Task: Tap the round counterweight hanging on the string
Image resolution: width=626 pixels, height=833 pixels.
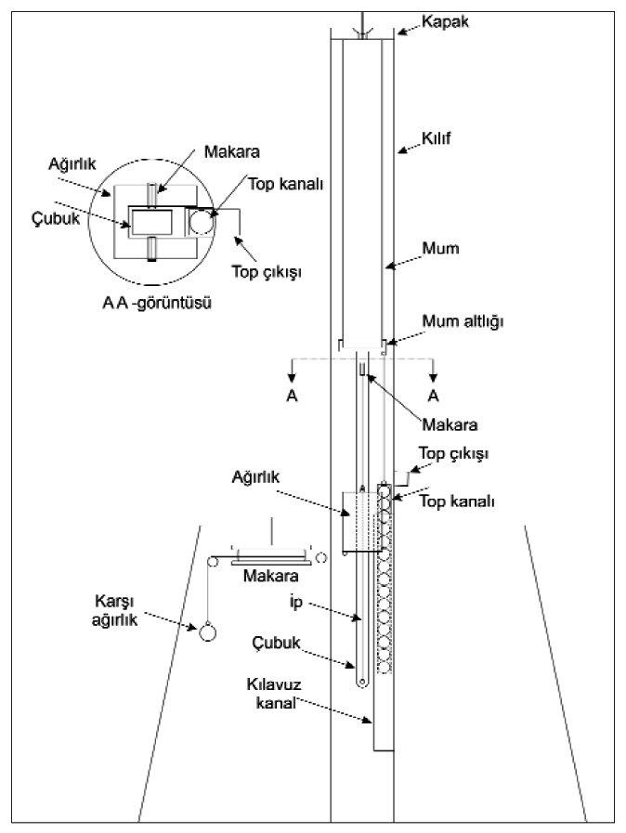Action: click(207, 631)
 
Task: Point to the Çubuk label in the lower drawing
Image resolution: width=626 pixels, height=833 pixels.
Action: click(286, 641)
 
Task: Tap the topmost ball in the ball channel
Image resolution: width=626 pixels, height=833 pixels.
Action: click(384, 488)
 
